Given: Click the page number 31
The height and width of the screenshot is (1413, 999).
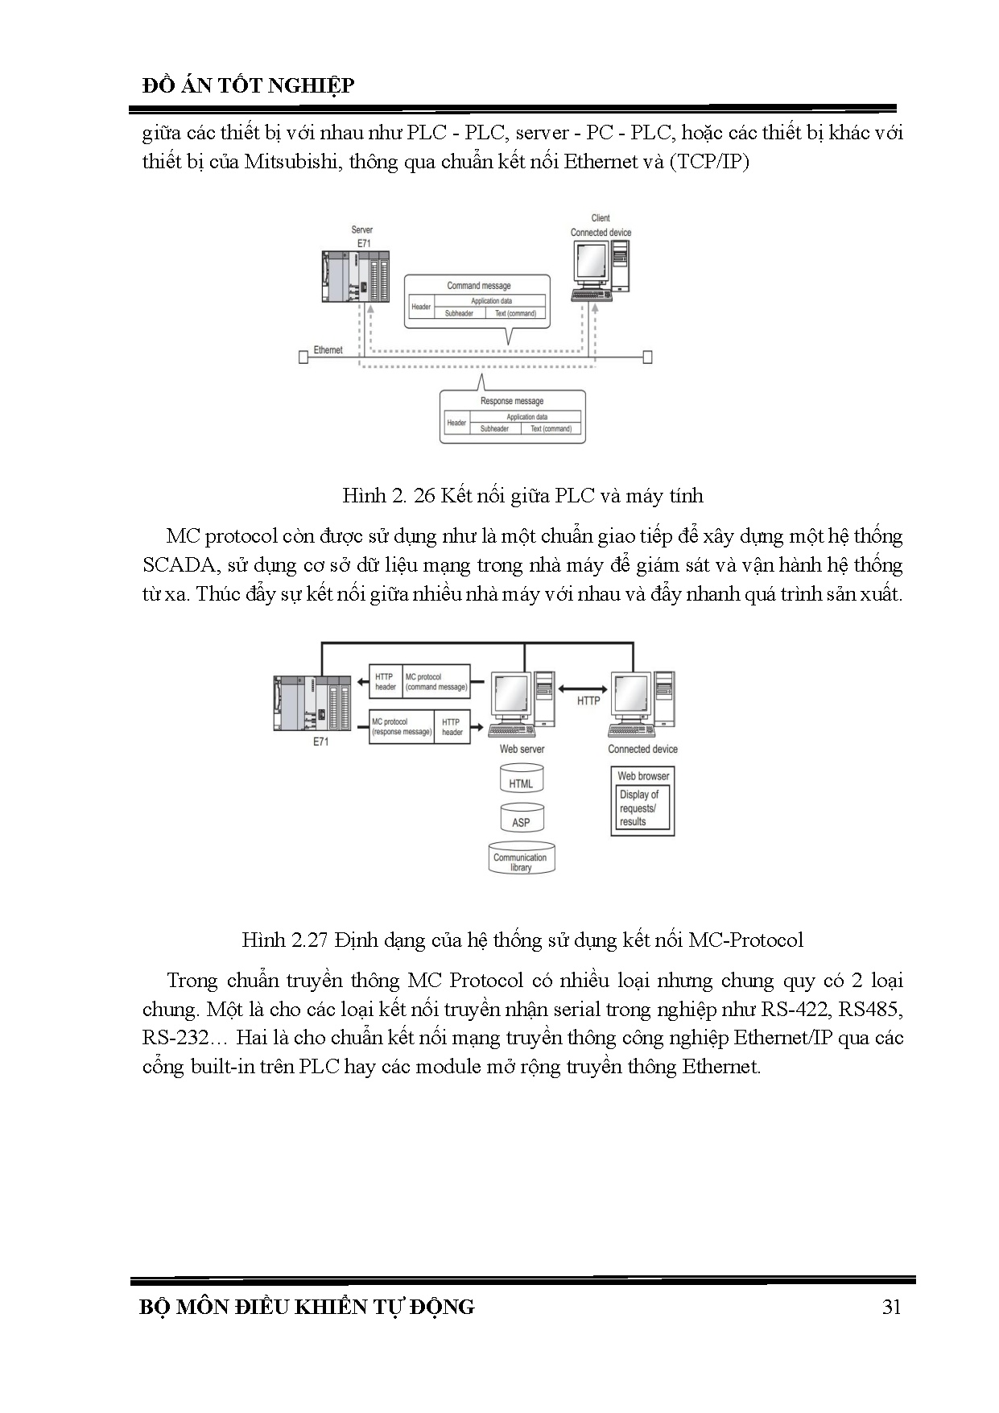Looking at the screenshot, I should pos(891,1306).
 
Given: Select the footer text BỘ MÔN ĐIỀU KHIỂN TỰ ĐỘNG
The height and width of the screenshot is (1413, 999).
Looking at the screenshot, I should pos(307,1306).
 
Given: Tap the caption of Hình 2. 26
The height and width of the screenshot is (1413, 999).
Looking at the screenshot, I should pos(522,495).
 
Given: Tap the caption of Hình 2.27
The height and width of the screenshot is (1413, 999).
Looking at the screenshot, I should pos(522,940).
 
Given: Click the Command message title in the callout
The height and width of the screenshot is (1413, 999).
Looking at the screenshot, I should pos(479,286).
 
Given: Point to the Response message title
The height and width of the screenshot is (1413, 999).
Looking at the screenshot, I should pos(512,401).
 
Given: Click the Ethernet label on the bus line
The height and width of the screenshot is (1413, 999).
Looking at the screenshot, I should pos(328,350).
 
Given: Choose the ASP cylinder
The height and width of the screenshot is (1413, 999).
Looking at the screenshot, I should pos(521,820).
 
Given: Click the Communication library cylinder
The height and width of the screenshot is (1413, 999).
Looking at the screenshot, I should pos(521,860).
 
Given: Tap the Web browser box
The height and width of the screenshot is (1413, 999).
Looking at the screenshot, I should pos(642,801).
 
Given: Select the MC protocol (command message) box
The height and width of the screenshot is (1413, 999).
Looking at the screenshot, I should pos(436,682).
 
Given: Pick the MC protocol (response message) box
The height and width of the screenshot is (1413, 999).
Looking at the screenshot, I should pos(401,727).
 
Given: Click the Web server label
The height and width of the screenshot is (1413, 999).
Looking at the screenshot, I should pos(522,749).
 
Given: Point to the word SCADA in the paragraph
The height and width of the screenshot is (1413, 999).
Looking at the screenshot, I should pos(177,565).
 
